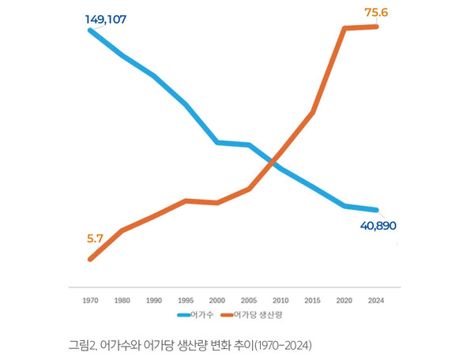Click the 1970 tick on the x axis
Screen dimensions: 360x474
click(x=90, y=301)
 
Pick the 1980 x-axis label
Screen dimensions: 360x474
click(x=122, y=301)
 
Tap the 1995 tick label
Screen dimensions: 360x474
click(x=186, y=301)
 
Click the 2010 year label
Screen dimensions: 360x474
click(x=281, y=301)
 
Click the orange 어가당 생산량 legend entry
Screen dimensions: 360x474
click(x=256, y=315)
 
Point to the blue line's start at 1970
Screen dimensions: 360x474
click(x=91, y=30)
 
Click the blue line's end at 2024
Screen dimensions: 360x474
click(x=377, y=210)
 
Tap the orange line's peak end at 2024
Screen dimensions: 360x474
click(x=377, y=26)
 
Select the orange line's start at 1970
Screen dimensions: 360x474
click(x=91, y=259)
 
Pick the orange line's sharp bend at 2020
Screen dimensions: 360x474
click(x=344, y=28)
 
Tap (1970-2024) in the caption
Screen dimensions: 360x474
click(x=283, y=345)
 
